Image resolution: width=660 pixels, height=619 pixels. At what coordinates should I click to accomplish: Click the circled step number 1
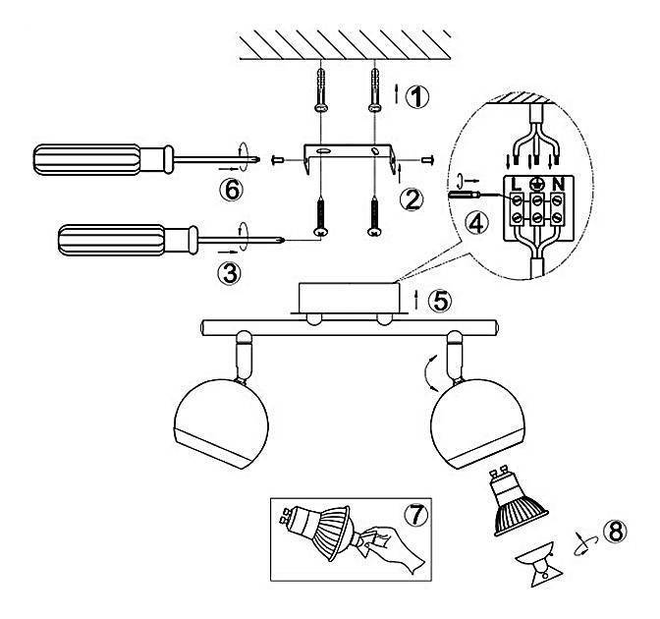416,97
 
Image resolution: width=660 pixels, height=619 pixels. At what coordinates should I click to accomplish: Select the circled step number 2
412,199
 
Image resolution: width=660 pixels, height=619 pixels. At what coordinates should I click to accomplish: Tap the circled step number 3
230,273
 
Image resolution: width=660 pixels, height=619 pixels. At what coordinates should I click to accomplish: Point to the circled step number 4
477,223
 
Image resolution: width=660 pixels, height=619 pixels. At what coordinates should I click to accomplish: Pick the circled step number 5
439,301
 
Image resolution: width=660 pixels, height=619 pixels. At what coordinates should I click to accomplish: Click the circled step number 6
232,190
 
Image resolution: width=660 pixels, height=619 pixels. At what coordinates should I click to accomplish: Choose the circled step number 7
415,514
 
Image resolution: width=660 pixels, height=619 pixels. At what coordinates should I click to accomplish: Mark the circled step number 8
616,532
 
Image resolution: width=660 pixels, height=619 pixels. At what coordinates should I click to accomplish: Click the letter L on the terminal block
516,184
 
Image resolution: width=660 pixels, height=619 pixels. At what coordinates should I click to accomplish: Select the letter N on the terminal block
558,184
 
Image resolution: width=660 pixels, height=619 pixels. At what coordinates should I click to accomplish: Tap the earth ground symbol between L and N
536,184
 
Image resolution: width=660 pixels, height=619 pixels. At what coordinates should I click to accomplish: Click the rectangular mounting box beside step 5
348,298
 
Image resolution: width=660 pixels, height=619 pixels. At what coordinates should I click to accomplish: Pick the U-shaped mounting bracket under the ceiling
349,159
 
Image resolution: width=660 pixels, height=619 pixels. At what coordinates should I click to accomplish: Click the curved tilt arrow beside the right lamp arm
428,373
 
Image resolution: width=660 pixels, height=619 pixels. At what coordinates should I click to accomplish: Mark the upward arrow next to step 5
416,300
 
